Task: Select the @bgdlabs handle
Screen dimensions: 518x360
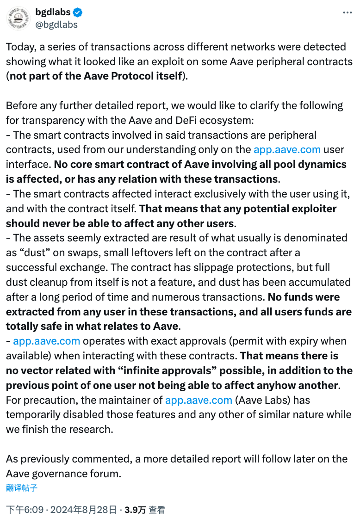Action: (x=56, y=24)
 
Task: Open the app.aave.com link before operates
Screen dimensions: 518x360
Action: (x=46, y=341)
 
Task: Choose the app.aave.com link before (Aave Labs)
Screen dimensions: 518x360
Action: (x=199, y=401)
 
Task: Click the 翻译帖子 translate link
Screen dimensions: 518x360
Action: (x=22, y=488)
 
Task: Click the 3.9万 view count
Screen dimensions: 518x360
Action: (x=136, y=510)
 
